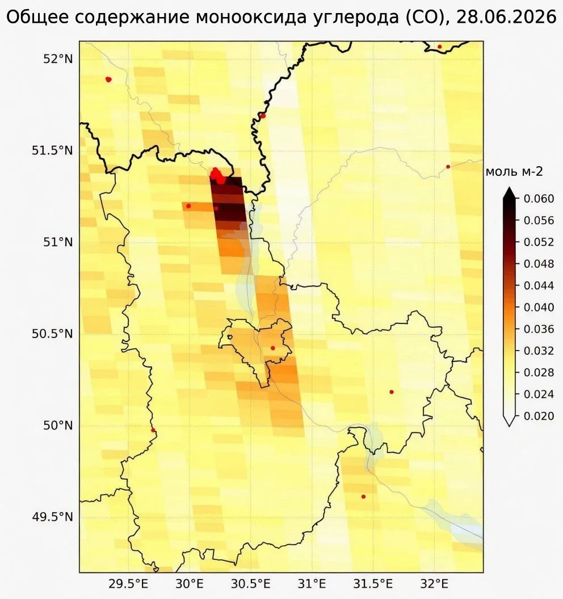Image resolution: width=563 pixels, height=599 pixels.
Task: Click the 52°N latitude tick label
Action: pyautogui.click(x=58, y=59)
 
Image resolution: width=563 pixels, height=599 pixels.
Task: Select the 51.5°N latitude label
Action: pyautogui.click(x=52, y=150)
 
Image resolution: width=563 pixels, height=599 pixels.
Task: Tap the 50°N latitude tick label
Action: pyautogui.click(x=58, y=425)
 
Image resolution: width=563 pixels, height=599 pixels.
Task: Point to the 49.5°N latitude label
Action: pyautogui.click(x=52, y=517)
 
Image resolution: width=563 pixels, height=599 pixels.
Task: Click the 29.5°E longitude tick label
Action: pyautogui.click(x=128, y=584)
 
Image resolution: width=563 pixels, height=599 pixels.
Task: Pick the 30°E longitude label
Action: pyautogui.click(x=189, y=584)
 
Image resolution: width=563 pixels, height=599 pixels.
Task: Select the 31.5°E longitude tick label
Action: pyautogui.click(x=373, y=584)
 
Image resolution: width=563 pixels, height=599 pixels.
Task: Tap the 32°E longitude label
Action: pyautogui.click(x=434, y=584)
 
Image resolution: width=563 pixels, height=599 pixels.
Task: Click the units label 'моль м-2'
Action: pyautogui.click(x=514, y=172)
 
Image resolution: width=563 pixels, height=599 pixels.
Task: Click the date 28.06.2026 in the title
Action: pyautogui.click(x=506, y=17)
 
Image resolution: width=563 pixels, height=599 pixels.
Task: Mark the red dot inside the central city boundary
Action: pyautogui.click(x=273, y=348)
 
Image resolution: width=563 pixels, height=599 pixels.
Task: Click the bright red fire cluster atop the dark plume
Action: pyautogui.click(x=218, y=175)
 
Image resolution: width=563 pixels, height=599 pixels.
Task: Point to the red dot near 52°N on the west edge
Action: pyautogui.click(x=108, y=79)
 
